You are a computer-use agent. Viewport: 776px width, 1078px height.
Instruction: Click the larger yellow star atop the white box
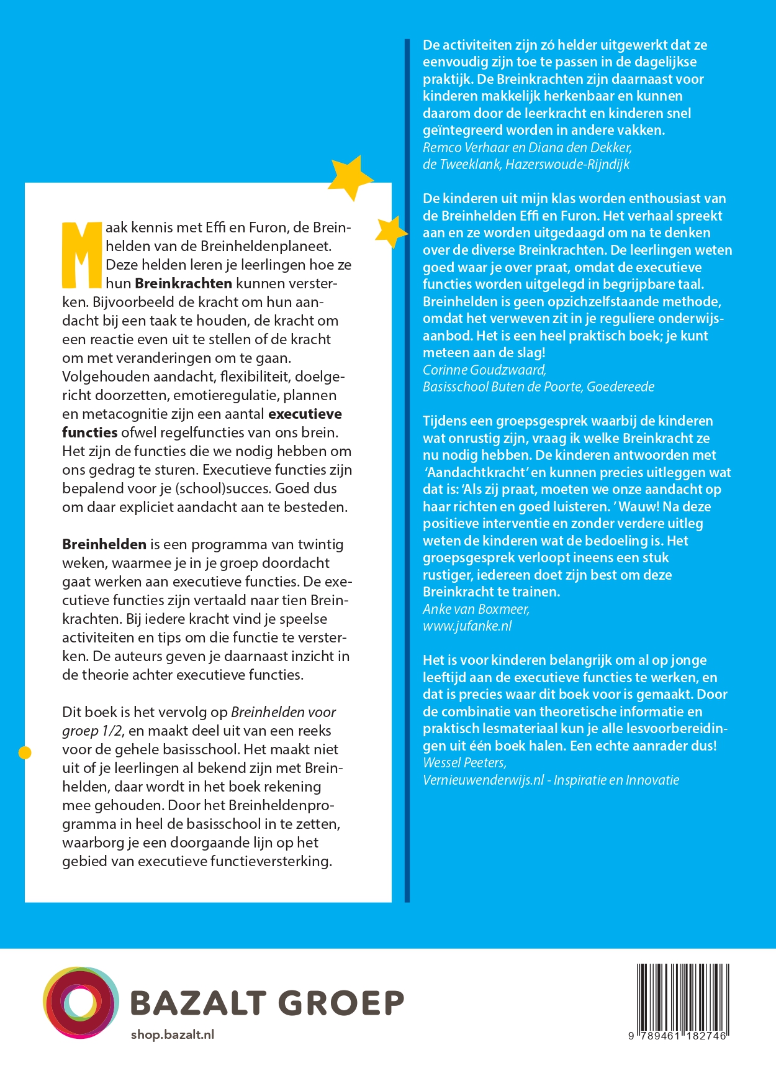click(350, 176)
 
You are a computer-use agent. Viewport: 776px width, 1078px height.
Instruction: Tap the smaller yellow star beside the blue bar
click(392, 232)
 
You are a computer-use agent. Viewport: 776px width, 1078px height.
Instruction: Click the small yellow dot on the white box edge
click(25, 753)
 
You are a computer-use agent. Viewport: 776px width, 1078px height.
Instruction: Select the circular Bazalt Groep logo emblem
click(81, 1003)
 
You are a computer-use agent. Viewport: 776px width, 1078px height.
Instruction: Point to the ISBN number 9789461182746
click(677, 1036)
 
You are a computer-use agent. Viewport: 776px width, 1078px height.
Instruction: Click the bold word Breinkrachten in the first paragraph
click(183, 283)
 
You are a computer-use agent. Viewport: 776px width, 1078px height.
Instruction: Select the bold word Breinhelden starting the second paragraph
click(104, 544)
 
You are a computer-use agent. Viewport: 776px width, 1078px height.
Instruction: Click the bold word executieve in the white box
click(305, 414)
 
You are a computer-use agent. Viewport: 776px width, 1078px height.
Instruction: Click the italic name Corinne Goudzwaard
click(484, 370)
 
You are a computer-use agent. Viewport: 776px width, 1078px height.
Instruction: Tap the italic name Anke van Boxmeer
click(476, 609)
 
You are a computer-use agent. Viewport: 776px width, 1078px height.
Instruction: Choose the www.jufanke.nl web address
click(467, 626)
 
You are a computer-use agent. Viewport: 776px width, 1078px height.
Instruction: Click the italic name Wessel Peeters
click(464, 762)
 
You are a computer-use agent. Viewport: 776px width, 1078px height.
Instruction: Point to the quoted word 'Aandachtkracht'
click(475, 472)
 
